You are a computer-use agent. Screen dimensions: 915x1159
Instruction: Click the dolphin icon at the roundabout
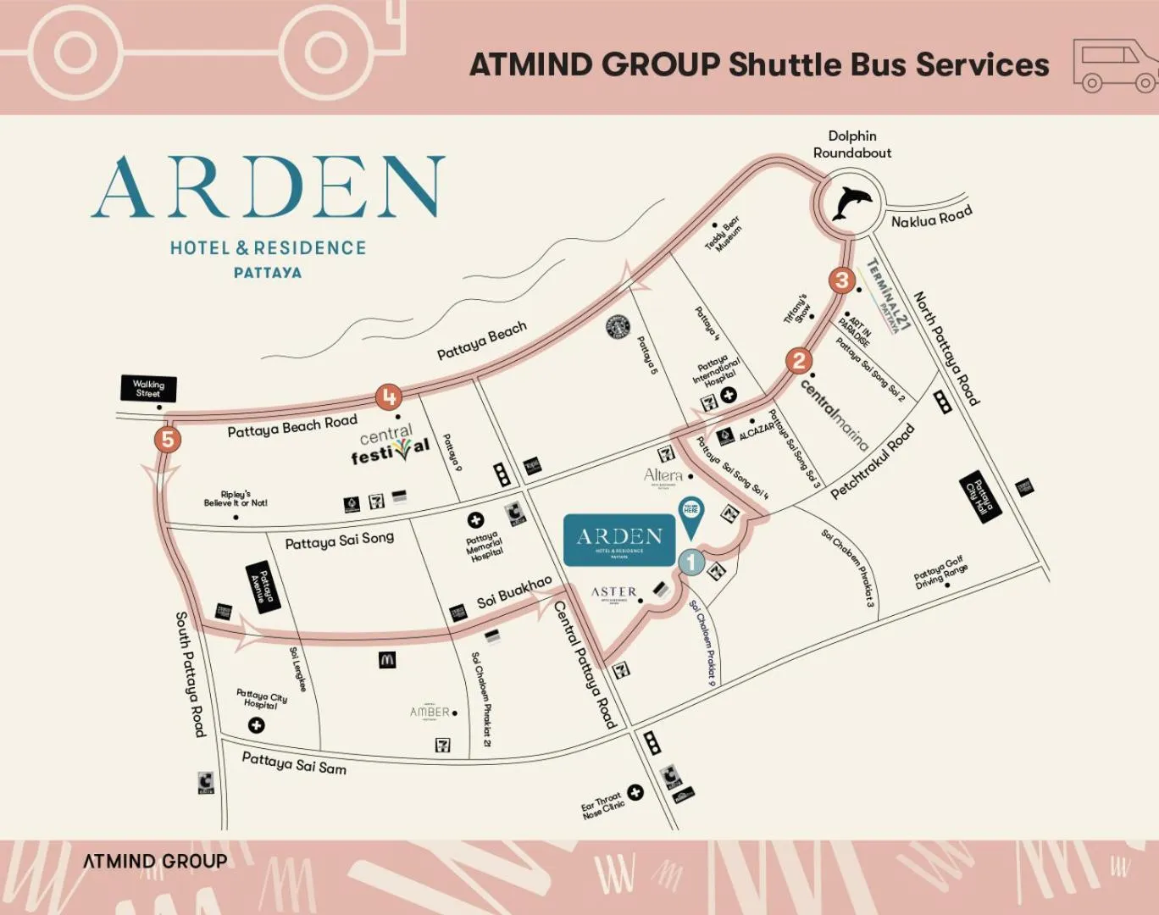click(x=851, y=203)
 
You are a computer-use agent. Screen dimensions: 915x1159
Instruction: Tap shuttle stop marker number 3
click(x=841, y=280)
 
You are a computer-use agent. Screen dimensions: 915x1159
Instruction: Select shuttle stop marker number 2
click(x=798, y=361)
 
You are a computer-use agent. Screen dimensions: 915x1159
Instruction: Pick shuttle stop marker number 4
click(x=389, y=396)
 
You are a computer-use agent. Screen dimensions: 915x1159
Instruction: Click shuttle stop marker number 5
click(x=168, y=440)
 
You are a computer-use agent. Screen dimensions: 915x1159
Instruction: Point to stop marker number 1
click(x=691, y=561)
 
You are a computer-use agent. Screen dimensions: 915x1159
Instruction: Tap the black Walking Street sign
click(x=148, y=389)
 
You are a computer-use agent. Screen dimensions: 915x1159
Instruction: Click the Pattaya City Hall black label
click(x=981, y=497)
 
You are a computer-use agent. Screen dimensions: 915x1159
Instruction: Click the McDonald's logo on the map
click(x=387, y=659)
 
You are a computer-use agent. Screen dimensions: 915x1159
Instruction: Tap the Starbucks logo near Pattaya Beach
click(x=618, y=327)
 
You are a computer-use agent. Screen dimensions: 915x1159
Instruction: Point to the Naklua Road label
click(x=931, y=218)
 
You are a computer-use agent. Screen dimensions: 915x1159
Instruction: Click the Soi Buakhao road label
click(x=513, y=593)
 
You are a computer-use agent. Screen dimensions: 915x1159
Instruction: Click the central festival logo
click(x=390, y=445)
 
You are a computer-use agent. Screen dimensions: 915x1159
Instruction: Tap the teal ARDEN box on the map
click(x=619, y=539)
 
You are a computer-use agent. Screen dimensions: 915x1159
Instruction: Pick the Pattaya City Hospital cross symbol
click(x=256, y=725)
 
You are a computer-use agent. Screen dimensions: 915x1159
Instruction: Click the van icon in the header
click(x=1114, y=64)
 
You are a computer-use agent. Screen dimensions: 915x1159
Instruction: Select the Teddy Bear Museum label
click(x=723, y=234)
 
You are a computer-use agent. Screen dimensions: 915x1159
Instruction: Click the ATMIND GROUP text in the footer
click(x=155, y=862)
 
